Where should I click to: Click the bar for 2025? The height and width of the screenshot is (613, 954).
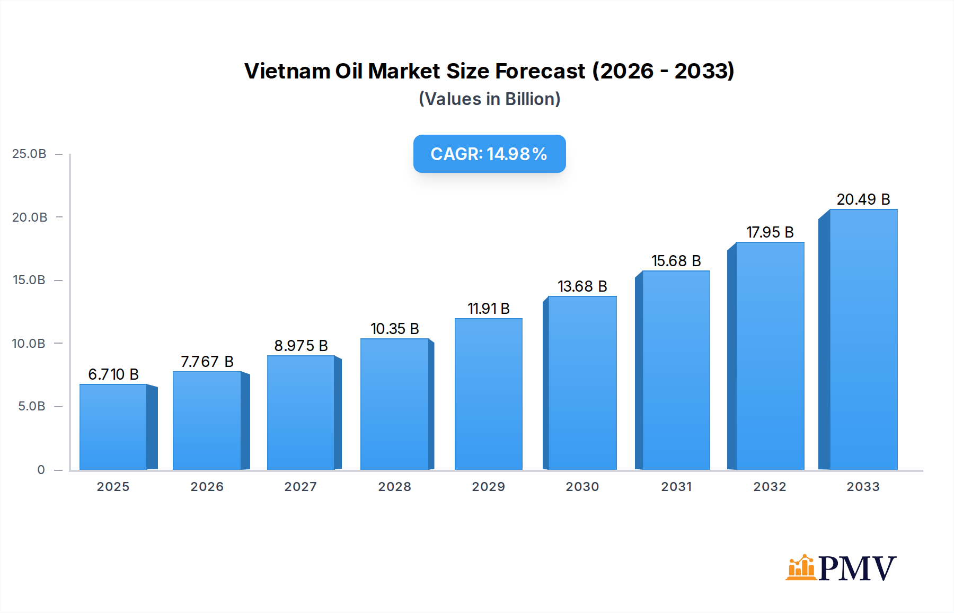[113, 427]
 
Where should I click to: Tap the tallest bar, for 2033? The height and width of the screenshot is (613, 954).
[863, 339]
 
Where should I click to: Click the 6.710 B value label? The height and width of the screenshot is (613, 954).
[113, 374]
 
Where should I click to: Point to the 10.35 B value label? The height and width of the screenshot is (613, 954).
[395, 329]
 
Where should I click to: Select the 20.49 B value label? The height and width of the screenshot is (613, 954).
[863, 199]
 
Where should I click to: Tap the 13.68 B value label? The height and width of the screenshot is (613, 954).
[582, 286]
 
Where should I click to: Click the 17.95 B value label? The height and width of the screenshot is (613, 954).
[770, 232]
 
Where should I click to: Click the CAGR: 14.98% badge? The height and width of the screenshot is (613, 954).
[489, 154]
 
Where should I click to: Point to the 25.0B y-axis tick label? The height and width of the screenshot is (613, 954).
[29, 154]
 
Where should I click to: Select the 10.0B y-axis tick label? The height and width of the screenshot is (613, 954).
[29, 344]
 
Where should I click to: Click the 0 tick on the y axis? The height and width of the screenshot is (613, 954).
[41, 470]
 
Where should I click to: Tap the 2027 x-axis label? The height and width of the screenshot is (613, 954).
[301, 487]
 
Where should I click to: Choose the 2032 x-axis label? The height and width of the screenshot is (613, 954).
[770, 487]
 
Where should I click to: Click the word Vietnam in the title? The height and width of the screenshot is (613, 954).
[287, 71]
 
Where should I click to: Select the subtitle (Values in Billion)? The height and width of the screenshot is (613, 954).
[489, 99]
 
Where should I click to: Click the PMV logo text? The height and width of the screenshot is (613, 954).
[857, 568]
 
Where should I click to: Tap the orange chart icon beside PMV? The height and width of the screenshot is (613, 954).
[801, 567]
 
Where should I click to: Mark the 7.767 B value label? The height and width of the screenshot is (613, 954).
[207, 362]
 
